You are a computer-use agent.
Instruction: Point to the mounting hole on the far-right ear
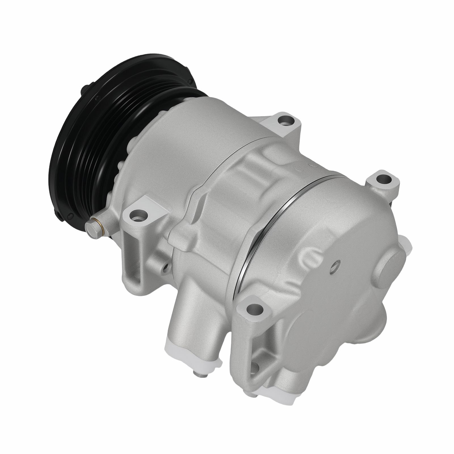[x=381, y=179]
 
